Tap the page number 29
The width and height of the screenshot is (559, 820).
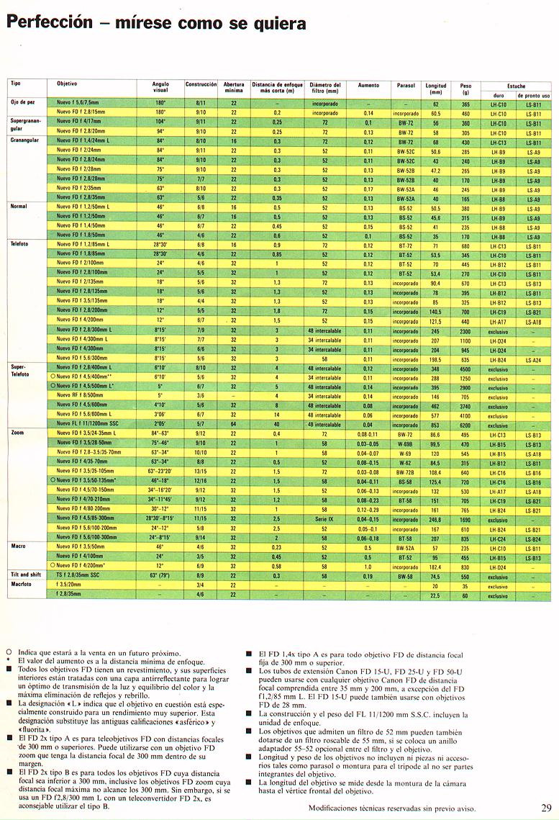546,806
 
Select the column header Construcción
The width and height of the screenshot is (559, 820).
201,84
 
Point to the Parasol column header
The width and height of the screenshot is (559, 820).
406,85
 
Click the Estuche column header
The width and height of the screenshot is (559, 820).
516,86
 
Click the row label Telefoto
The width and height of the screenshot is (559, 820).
19,244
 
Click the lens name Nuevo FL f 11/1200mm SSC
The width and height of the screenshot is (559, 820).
89,425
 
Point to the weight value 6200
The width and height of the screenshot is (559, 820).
465,425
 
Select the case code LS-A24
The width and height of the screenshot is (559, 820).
533,359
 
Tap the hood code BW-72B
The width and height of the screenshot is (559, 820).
406,472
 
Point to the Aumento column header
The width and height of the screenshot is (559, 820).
368,85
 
